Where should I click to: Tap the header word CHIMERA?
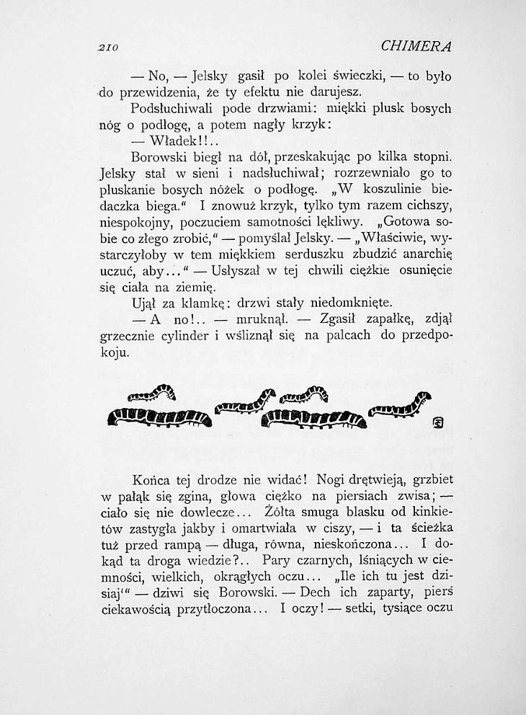416,47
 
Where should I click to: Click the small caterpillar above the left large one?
152,394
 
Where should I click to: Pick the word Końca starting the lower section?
151,479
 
